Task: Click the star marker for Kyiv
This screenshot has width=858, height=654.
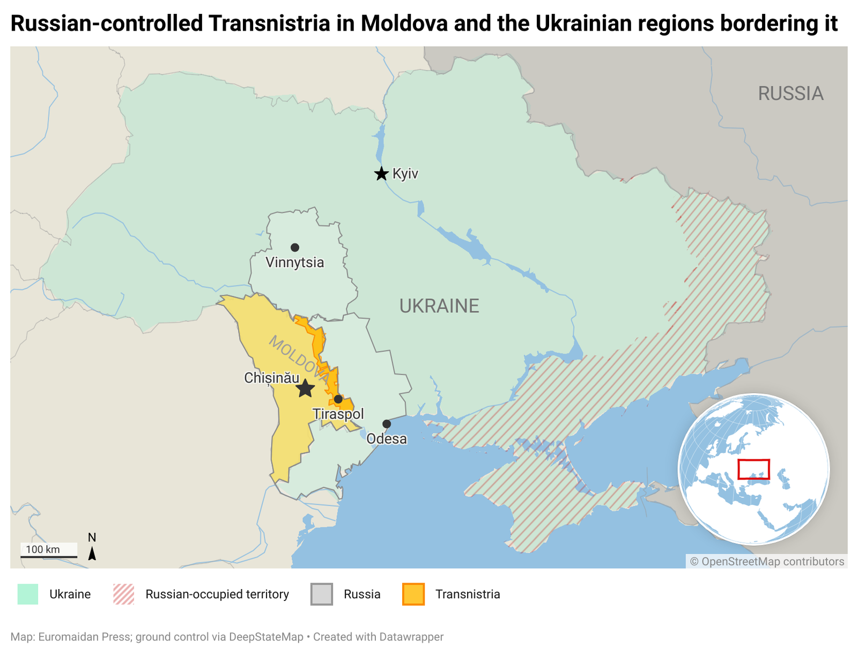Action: [381, 174]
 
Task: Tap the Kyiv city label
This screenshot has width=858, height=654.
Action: [405, 174]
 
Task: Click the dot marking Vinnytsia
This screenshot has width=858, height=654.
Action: [295, 247]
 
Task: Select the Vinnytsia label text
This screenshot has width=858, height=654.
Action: [295, 262]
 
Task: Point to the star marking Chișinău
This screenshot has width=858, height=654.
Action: [305, 388]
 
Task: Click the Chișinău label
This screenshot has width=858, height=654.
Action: [271, 378]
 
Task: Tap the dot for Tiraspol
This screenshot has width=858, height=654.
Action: [338, 399]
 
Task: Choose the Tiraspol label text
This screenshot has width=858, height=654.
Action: [338, 414]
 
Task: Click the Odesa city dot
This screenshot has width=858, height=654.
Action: [387, 424]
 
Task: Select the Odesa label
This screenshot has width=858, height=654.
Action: [387, 439]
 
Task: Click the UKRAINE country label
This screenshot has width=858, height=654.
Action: [439, 306]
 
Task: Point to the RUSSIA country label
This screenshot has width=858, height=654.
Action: [790, 93]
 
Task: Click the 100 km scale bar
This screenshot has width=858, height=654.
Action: [49, 556]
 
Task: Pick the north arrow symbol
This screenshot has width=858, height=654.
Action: [92, 553]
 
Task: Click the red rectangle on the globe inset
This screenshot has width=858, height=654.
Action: [753, 469]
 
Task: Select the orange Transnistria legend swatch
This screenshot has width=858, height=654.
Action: [413, 594]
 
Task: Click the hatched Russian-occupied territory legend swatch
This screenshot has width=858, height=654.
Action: [124, 594]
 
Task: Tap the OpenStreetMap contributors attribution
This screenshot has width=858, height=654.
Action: [767, 561]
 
